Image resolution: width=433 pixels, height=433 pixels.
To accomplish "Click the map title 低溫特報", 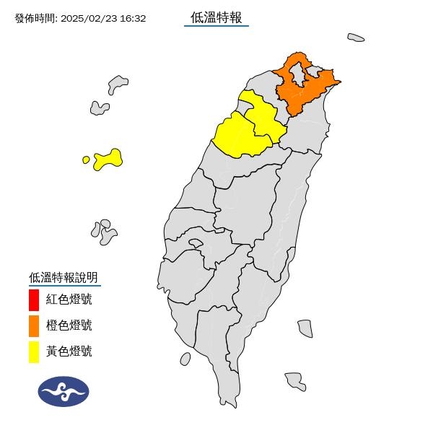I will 216,17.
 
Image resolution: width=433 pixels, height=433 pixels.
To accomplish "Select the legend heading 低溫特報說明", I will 64,277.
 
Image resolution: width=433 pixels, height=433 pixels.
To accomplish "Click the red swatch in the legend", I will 34,299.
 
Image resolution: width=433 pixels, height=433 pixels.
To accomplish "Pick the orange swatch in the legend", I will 34,325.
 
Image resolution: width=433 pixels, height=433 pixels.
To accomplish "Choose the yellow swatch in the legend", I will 34,352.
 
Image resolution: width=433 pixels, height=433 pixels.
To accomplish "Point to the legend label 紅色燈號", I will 69,299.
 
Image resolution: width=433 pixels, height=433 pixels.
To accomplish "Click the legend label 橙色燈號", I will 69,325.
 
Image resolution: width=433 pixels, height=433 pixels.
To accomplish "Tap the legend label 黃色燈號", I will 69,352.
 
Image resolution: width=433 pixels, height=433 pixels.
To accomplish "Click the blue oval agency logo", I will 64,391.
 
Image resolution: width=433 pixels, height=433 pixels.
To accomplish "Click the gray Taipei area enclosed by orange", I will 299,75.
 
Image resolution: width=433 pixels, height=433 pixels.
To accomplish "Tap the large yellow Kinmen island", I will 108,158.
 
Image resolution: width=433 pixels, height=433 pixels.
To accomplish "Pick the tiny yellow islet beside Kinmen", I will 87,159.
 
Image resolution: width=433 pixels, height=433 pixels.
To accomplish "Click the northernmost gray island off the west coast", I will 118,84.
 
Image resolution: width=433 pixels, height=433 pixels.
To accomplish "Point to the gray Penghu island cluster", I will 104,231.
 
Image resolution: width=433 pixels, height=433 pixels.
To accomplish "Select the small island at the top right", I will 355,37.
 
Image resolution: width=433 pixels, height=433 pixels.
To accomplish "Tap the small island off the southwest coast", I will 185,358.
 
